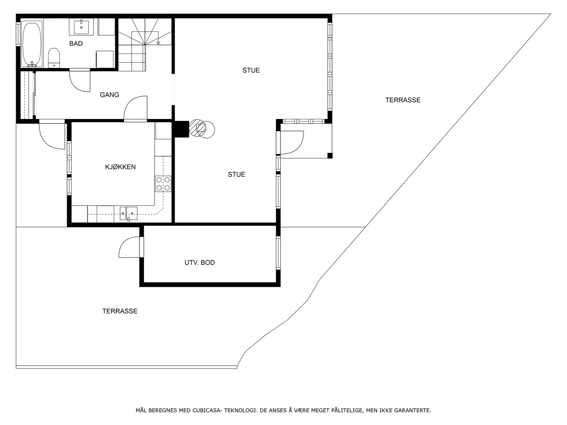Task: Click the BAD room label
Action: tap(76, 44)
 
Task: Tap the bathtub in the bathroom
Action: tap(32, 44)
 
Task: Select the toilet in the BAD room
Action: tap(54, 58)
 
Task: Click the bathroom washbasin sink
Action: tap(81, 27)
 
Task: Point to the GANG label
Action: tap(110, 95)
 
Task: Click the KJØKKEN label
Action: tap(120, 167)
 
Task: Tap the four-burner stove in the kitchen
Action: tap(163, 183)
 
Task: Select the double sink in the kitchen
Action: tap(128, 214)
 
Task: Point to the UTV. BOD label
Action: tap(200, 263)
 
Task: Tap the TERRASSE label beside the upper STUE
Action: tap(403, 100)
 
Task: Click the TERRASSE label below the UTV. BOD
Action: tap(120, 311)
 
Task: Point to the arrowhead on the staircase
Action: tap(158, 43)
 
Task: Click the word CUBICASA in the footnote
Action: tap(206, 410)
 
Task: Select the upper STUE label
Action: tap(251, 70)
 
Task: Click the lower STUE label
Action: tap(236, 175)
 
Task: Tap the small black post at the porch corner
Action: tap(330, 155)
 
